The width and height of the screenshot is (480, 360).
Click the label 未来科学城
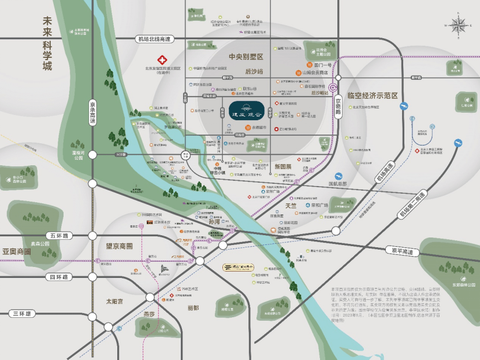[x=46, y=44]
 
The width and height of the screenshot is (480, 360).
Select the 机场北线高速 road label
[x=154, y=39]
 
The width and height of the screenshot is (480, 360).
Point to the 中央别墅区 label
[x=245, y=57]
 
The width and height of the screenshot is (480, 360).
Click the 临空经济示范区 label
[x=373, y=95]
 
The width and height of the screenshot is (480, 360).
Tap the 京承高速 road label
[x=92, y=111]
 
